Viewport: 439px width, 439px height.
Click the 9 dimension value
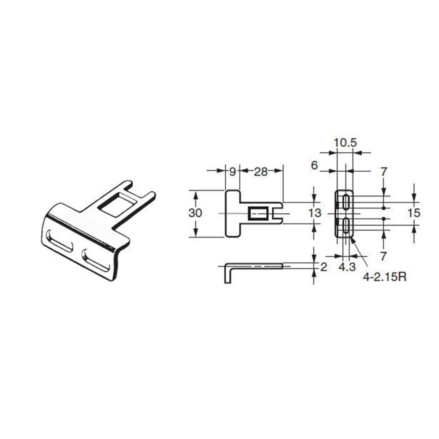(233, 172)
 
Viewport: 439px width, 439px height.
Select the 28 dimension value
(261, 172)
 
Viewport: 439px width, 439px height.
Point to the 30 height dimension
(195, 213)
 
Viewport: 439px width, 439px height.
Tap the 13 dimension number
(315, 213)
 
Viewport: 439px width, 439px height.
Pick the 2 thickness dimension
(324, 266)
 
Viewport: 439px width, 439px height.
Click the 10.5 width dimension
(345, 143)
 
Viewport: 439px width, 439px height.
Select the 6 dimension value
(314, 166)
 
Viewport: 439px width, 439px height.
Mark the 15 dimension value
(414, 213)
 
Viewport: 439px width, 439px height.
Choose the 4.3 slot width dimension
(346, 267)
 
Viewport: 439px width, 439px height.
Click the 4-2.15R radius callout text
(384, 278)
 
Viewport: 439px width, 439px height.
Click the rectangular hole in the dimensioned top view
(257, 214)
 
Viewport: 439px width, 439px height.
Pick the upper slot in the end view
(346, 202)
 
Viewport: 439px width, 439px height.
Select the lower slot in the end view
(346, 226)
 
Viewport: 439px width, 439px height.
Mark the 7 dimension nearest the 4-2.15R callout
(384, 255)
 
